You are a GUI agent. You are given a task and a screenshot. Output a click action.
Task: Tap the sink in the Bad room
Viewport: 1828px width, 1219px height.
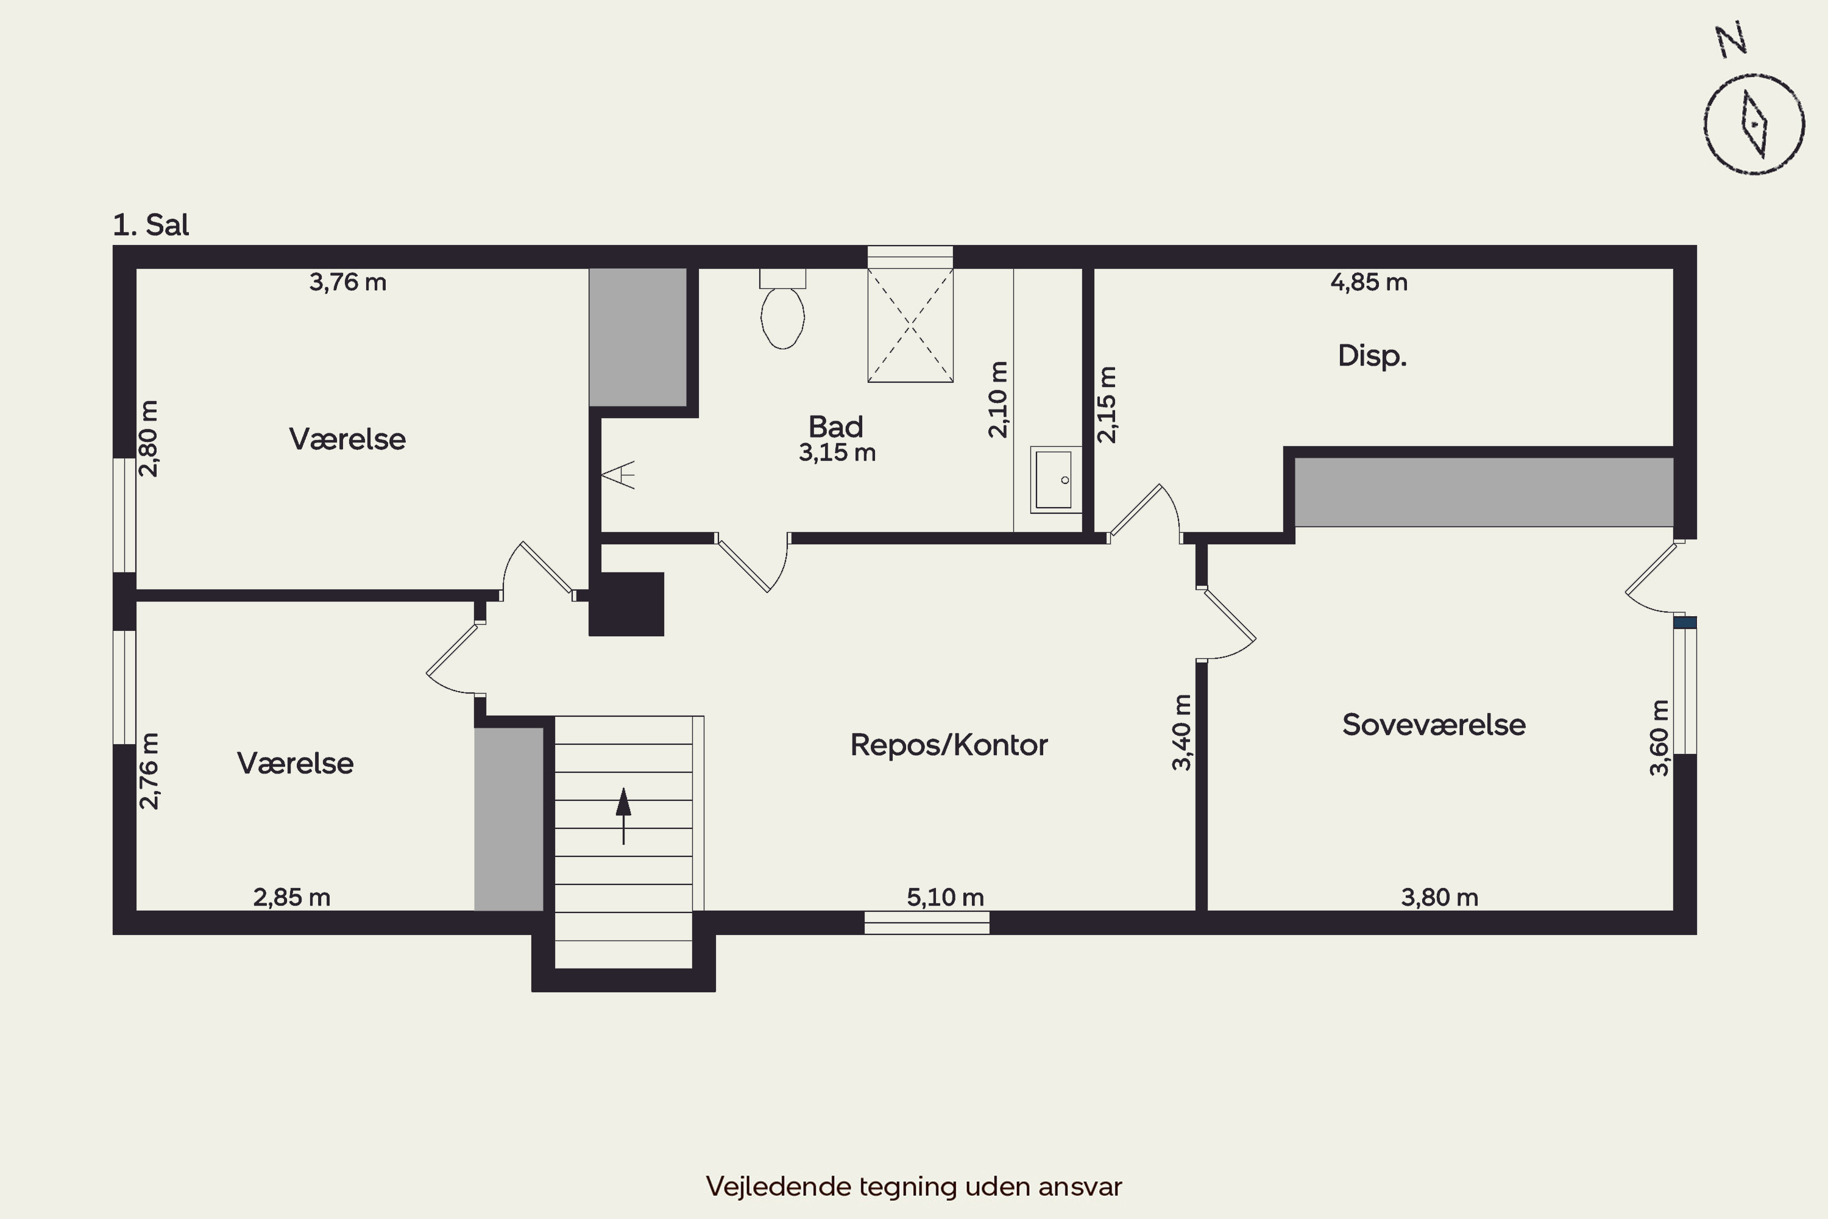pyautogui.click(x=1055, y=480)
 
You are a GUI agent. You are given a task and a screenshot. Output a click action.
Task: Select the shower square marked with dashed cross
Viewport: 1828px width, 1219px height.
pyautogui.click(x=910, y=325)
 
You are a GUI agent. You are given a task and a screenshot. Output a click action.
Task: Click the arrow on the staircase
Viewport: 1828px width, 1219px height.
pyautogui.click(x=623, y=816)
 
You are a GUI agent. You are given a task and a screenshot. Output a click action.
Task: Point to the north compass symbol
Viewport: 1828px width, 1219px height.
pyautogui.click(x=1754, y=124)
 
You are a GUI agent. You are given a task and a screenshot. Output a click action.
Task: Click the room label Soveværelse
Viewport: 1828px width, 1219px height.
pyautogui.click(x=1434, y=725)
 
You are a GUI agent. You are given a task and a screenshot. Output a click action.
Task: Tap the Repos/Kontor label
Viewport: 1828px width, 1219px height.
pyautogui.click(x=949, y=745)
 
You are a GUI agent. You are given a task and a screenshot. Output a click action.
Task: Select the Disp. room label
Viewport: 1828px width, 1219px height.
pyautogui.click(x=1372, y=355)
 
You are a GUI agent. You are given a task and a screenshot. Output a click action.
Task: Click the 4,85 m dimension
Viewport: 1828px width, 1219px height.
pyautogui.click(x=1369, y=282)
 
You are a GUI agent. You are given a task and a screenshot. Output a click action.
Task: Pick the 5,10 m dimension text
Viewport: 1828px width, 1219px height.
pyautogui.click(x=945, y=897)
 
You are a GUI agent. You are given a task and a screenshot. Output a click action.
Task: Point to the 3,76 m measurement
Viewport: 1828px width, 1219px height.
pyautogui.click(x=347, y=282)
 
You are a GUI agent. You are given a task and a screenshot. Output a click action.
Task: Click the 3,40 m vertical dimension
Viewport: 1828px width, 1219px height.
pyautogui.click(x=1181, y=733)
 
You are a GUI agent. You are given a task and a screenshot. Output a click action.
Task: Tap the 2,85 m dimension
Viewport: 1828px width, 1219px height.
pyautogui.click(x=291, y=897)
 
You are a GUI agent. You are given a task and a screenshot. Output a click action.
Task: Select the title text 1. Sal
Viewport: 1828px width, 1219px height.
pyautogui.click(x=151, y=225)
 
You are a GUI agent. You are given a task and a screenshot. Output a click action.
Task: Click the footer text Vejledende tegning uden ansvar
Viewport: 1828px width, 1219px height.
pyautogui.click(x=914, y=1186)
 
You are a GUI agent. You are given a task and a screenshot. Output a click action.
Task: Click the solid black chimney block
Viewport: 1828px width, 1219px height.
pyautogui.click(x=626, y=604)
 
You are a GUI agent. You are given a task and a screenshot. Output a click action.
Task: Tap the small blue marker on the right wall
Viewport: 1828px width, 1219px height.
pyautogui.click(x=1685, y=622)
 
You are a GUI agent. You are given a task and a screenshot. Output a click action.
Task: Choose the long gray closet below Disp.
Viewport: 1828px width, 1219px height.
pyautogui.click(x=1484, y=492)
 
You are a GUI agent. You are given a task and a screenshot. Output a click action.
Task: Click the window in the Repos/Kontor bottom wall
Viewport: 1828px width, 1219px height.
pyautogui.click(x=926, y=922)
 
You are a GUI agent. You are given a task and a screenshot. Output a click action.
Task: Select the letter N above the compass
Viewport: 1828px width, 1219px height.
pyautogui.click(x=1732, y=40)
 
